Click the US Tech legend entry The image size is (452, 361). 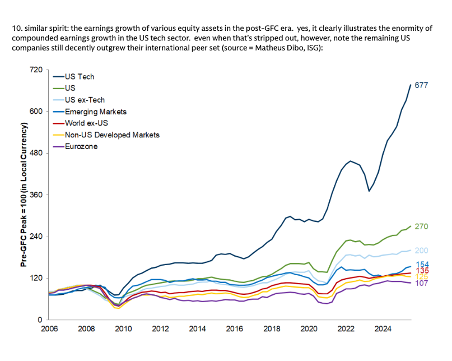coord(80,77)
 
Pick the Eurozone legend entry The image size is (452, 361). coord(82,146)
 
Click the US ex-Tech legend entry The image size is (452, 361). coord(85,100)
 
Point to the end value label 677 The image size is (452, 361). coord(421,85)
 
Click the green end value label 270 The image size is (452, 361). coord(421,226)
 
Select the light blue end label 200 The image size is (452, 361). coord(421,251)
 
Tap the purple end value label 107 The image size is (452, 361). coord(421,284)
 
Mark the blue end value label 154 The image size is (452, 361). coord(421,264)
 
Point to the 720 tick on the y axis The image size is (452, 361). coord(36,70)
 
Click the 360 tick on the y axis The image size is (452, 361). coord(36,195)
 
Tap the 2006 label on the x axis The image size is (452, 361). coord(49,329)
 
